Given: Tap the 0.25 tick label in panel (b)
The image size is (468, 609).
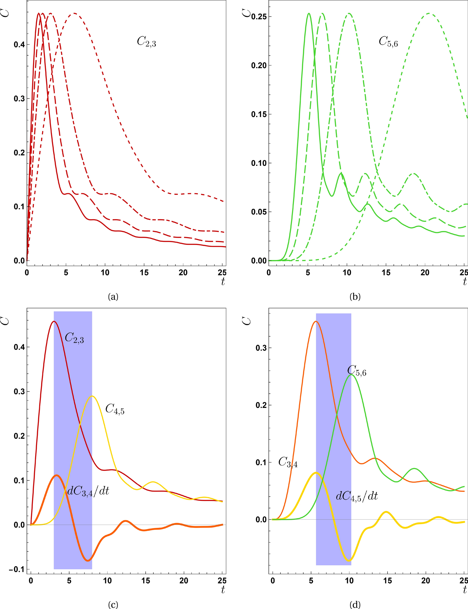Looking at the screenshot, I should click(259, 17).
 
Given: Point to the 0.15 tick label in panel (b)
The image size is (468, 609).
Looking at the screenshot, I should click(259, 114).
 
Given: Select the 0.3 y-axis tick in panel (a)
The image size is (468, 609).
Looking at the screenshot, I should click(19, 99).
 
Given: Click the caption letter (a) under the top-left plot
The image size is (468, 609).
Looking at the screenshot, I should click(113, 297).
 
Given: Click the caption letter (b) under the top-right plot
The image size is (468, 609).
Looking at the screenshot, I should click(355, 297).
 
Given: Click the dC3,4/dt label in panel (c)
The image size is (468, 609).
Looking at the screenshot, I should click(88, 491).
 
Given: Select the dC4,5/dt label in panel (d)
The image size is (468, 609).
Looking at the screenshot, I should click(357, 496).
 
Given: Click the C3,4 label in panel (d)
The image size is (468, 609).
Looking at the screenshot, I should click(288, 462).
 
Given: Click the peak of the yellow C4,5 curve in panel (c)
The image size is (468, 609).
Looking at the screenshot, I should click(92, 396).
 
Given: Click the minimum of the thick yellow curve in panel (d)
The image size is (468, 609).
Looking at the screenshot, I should click(349, 561).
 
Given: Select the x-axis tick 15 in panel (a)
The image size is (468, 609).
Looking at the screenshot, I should click(144, 272).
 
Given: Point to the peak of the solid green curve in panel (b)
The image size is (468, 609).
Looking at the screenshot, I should click(309, 13).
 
